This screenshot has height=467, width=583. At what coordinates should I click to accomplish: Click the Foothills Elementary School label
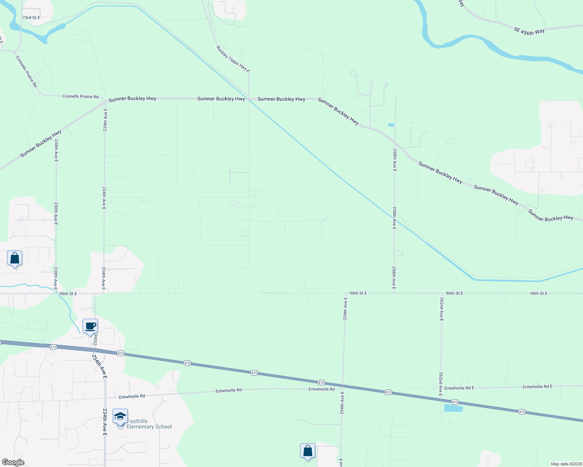pyautogui.click(x=149, y=424)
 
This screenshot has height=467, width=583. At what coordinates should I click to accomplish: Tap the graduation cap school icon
pyautogui.click(x=120, y=416)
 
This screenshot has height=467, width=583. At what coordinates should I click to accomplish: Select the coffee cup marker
pyautogui.click(x=90, y=326)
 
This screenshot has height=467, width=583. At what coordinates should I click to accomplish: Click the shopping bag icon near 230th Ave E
pyautogui.click(x=14, y=258)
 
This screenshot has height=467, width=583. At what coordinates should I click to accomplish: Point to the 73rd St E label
pyautogui.click(x=31, y=18)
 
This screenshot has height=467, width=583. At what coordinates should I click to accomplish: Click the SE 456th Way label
pyautogui.click(x=529, y=32)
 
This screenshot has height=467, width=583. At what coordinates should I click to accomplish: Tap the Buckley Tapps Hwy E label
pyautogui.click(x=233, y=59)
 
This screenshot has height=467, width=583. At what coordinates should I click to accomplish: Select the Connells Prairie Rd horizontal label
pyautogui.click(x=80, y=97)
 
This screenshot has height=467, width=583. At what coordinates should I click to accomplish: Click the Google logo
pyautogui.click(x=13, y=462)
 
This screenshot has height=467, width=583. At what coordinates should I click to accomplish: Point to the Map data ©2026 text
pyautogui.click(x=566, y=464)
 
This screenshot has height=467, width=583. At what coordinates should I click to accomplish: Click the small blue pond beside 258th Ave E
pyautogui.click(x=391, y=125)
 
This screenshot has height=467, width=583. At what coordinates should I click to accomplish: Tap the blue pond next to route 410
pyautogui.click(x=453, y=408)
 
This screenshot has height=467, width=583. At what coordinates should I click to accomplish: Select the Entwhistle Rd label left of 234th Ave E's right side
pyautogui.click(x=132, y=396)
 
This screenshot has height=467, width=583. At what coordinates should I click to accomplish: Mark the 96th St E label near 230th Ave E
pyautogui.click(x=68, y=294)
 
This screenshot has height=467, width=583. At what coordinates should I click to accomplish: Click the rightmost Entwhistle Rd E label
pyautogui.click(x=537, y=387)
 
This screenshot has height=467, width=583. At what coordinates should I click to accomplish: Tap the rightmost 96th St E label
pyautogui.click(x=539, y=293)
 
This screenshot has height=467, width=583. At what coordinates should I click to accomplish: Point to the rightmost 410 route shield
pyautogui.click(x=522, y=412)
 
